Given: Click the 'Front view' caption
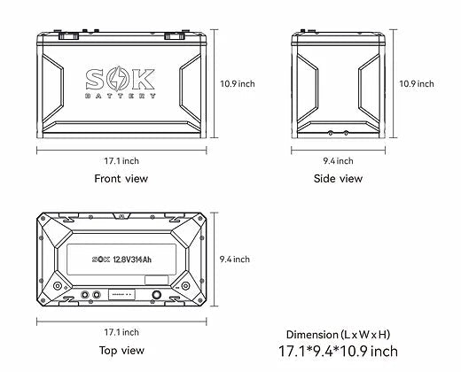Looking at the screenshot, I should (121, 178).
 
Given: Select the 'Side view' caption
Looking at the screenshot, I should (338, 178).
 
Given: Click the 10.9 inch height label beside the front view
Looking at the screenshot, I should (237, 83).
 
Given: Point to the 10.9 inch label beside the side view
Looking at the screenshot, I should (417, 83).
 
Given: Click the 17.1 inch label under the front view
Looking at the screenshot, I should (121, 160).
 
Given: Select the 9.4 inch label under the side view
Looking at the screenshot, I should (338, 160).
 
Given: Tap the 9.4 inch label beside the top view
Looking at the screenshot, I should (234, 259).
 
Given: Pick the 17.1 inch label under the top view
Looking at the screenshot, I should (121, 331).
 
